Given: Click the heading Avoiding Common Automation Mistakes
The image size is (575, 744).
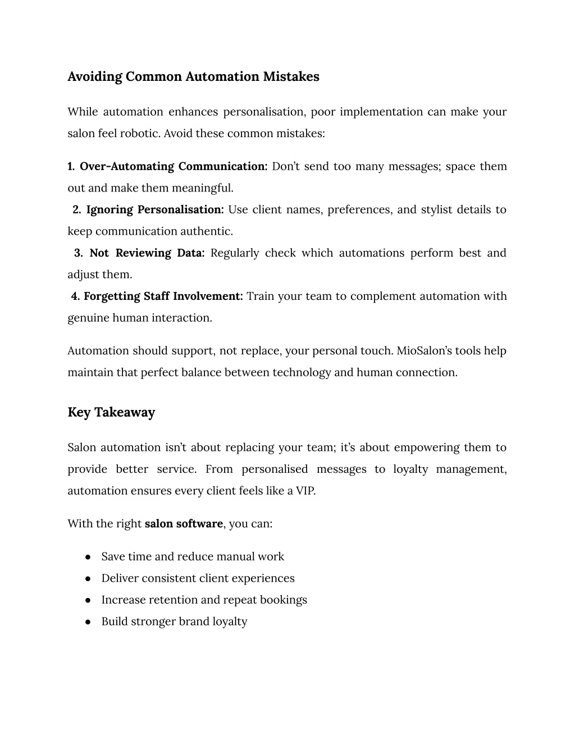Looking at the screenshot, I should tap(193, 76).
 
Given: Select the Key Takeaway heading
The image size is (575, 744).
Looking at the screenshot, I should tap(111, 412).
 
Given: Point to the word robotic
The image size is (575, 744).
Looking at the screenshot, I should tap(143, 134).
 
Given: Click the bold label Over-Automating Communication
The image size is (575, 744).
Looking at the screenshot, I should tap(174, 167).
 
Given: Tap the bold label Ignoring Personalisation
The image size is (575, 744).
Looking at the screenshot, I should tap(155, 210).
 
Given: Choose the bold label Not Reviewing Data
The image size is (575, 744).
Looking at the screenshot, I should tap(147, 253).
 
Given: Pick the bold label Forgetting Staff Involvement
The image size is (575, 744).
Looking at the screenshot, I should tap(163, 296).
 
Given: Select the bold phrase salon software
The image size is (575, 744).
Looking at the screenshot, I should tap(184, 524).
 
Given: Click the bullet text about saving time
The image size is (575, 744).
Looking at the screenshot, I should tap(193, 556).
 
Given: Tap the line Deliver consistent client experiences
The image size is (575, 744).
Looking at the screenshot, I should tap(198, 578).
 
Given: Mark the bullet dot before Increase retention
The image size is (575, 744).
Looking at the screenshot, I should tap(88, 600).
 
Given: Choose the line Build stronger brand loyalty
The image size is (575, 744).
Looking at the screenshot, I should tap(174, 622).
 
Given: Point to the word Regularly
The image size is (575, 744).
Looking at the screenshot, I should tap(235, 253).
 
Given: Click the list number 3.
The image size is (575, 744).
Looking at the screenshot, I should tap(78, 253).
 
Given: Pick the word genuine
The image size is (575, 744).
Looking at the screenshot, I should tap(88, 318).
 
